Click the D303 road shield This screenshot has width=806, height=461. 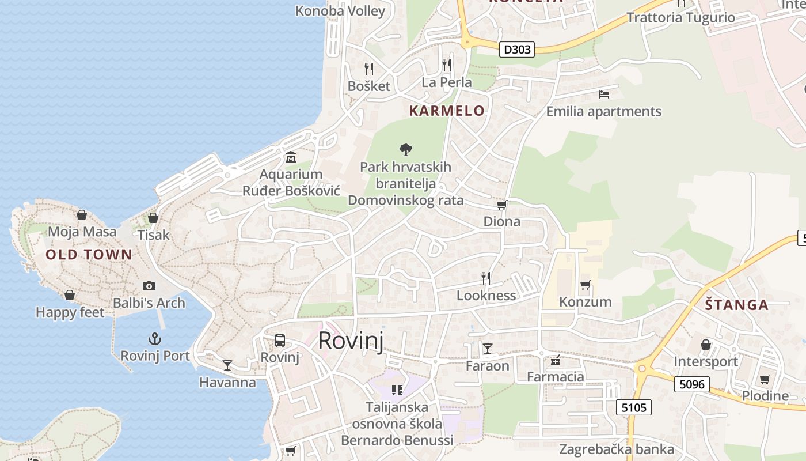516,50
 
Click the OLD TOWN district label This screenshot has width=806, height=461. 89,255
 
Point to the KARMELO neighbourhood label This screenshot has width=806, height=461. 447,111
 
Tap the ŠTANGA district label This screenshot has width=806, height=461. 737,305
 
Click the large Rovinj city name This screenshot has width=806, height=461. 351,341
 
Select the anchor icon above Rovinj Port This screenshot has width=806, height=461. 154,339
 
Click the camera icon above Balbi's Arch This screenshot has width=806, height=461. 149,286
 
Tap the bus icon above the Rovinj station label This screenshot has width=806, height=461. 280,340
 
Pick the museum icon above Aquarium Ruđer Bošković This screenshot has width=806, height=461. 291,157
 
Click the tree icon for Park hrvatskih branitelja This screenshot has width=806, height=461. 406,150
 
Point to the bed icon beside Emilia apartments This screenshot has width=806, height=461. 604,94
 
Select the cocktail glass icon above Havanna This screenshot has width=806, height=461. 227,365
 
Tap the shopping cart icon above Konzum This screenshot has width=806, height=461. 586,285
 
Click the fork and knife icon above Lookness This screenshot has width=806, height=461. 486,278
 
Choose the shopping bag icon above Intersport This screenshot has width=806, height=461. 706,345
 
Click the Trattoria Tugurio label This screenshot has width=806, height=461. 680,17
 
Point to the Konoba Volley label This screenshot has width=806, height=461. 340,10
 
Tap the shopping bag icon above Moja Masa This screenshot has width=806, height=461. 82,215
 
